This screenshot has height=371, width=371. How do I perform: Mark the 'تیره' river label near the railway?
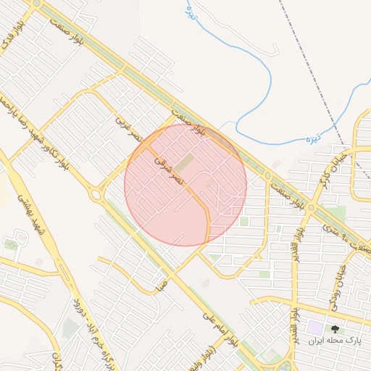click(312, 136)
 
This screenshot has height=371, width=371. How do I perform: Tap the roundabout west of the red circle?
click(95, 193)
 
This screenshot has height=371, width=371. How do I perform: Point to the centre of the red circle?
click(185, 185)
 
